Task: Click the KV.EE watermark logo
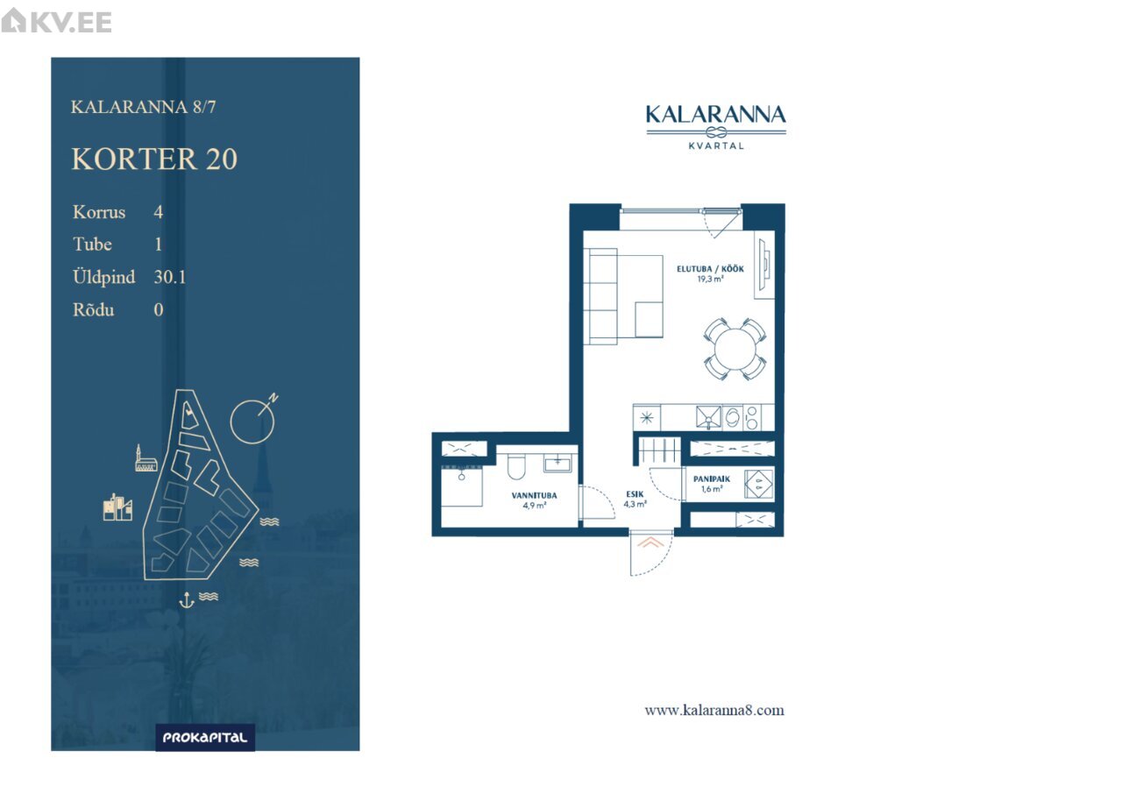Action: (x=56, y=21)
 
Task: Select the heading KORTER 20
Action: (x=154, y=159)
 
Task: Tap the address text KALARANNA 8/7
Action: (x=143, y=107)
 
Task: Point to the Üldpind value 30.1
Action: (x=170, y=277)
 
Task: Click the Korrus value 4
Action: (x=159, y=212)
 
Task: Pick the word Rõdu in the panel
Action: (x=94, y=309)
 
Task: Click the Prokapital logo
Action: (x=205, y=737)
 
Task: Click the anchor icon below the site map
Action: (x=187, y=599)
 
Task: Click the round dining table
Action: (x=735, y=349)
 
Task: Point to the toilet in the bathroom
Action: (x=516, y=466)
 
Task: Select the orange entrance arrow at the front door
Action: (x=650, y=542)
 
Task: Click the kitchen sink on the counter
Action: (x=708, y=417)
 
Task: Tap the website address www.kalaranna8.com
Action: (x=714, y=711)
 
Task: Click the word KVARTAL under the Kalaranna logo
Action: (x=716, y=145)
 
